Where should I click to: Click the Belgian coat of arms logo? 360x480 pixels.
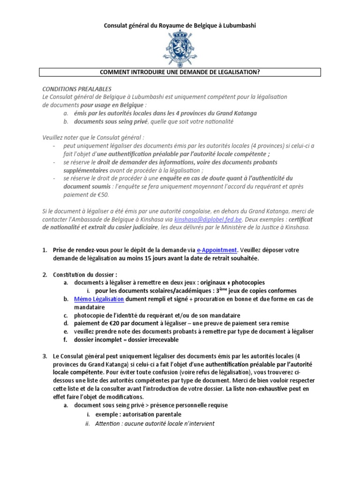click(180, 48)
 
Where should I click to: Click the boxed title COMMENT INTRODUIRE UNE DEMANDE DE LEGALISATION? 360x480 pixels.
click(180, 72)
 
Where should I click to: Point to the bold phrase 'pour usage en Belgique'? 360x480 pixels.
click(112, 105)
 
